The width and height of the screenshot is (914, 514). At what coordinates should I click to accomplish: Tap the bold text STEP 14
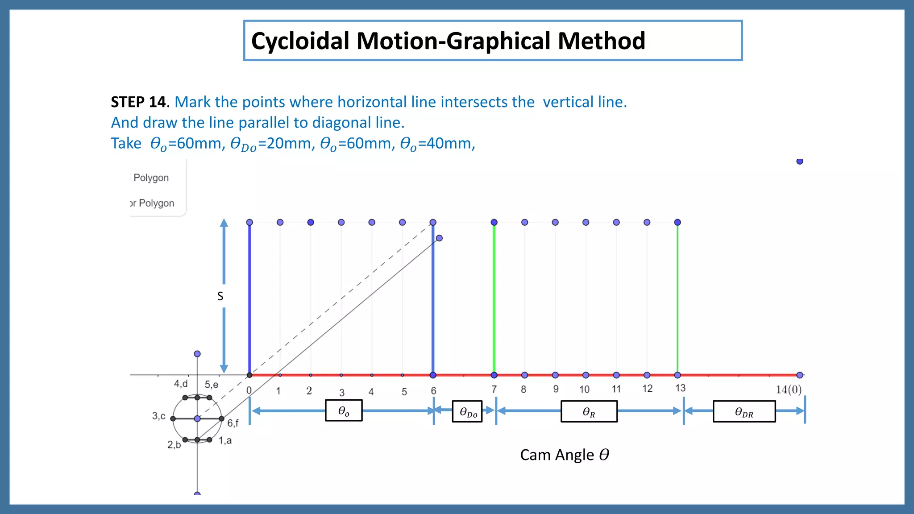(x=138, y=102)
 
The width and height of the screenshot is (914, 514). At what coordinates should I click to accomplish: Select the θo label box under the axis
(x=344, y=410)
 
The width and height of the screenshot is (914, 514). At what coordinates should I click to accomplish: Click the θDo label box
(x=467, y=411)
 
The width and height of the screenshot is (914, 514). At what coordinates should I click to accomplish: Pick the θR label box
(x=589, y=411)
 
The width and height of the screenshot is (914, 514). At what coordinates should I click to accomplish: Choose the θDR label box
(x=744, y=411)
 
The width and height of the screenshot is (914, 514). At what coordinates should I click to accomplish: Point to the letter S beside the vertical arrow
(x=220, y=296)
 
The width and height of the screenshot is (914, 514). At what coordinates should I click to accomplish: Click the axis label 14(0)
(x=788, y=390)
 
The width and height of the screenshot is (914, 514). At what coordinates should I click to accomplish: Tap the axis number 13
(x=680, y=388)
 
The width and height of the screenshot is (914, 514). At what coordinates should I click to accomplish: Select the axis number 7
(x=494, y=389)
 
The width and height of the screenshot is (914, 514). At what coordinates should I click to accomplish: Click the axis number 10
(x=584, y=390)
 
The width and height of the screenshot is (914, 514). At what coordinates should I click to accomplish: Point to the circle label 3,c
(x=158, y=416)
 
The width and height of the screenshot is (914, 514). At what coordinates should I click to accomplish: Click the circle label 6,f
(x=233, y=423)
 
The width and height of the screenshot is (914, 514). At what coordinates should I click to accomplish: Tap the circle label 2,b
(x=174, y=444)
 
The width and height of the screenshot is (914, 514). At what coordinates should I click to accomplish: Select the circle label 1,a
(x=225, y=441)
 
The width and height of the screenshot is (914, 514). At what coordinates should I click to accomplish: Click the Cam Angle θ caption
(x=565, y=455)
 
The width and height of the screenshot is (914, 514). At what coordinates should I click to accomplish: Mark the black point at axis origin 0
(x=249, y=375)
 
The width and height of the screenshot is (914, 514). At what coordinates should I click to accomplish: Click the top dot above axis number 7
(x=494, y=222)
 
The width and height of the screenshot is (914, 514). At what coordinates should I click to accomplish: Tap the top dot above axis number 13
(x=677, y=222)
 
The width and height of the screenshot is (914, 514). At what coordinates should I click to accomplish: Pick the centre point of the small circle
(x=197, y=419)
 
